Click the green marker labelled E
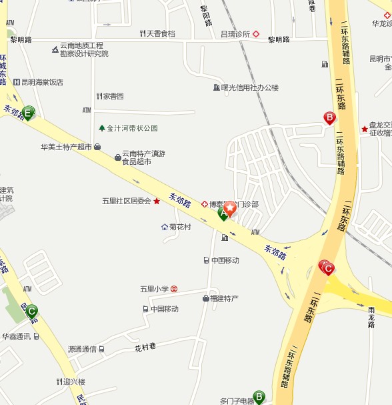click(28, 113)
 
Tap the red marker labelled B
click(329, 118)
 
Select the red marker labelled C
click(327, 268)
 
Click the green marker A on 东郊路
click(223, 214)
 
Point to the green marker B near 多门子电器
click(259, 396)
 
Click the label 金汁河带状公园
click(132, 128)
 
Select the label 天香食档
click(161, 33)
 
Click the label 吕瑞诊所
click(235, 33)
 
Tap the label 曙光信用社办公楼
click(250, 87)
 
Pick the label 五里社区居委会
click(127, 201)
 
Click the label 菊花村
click(180, 227)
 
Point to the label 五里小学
click(154, 289)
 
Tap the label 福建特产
click(224, 298)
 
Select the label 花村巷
click(145, 347)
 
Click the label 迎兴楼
click(74, 382)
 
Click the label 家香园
click(113, 97)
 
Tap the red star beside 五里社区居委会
click(157, 201)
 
